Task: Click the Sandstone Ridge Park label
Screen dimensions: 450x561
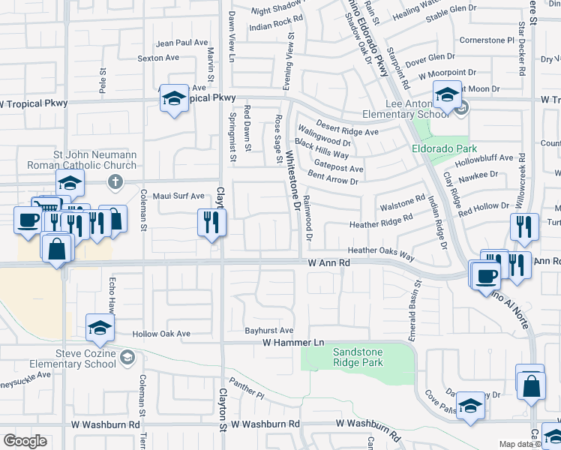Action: tap(358, 357)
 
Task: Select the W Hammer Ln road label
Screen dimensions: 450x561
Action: tap(292, 343)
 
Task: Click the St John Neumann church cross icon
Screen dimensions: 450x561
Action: tap(115, 181)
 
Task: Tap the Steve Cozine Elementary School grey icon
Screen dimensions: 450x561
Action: tap(127, 356)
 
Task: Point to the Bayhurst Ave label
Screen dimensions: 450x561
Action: tap(269, 330)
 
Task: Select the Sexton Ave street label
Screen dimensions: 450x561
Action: tap(158, 58)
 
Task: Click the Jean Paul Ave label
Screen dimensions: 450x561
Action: tap(181, 43)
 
